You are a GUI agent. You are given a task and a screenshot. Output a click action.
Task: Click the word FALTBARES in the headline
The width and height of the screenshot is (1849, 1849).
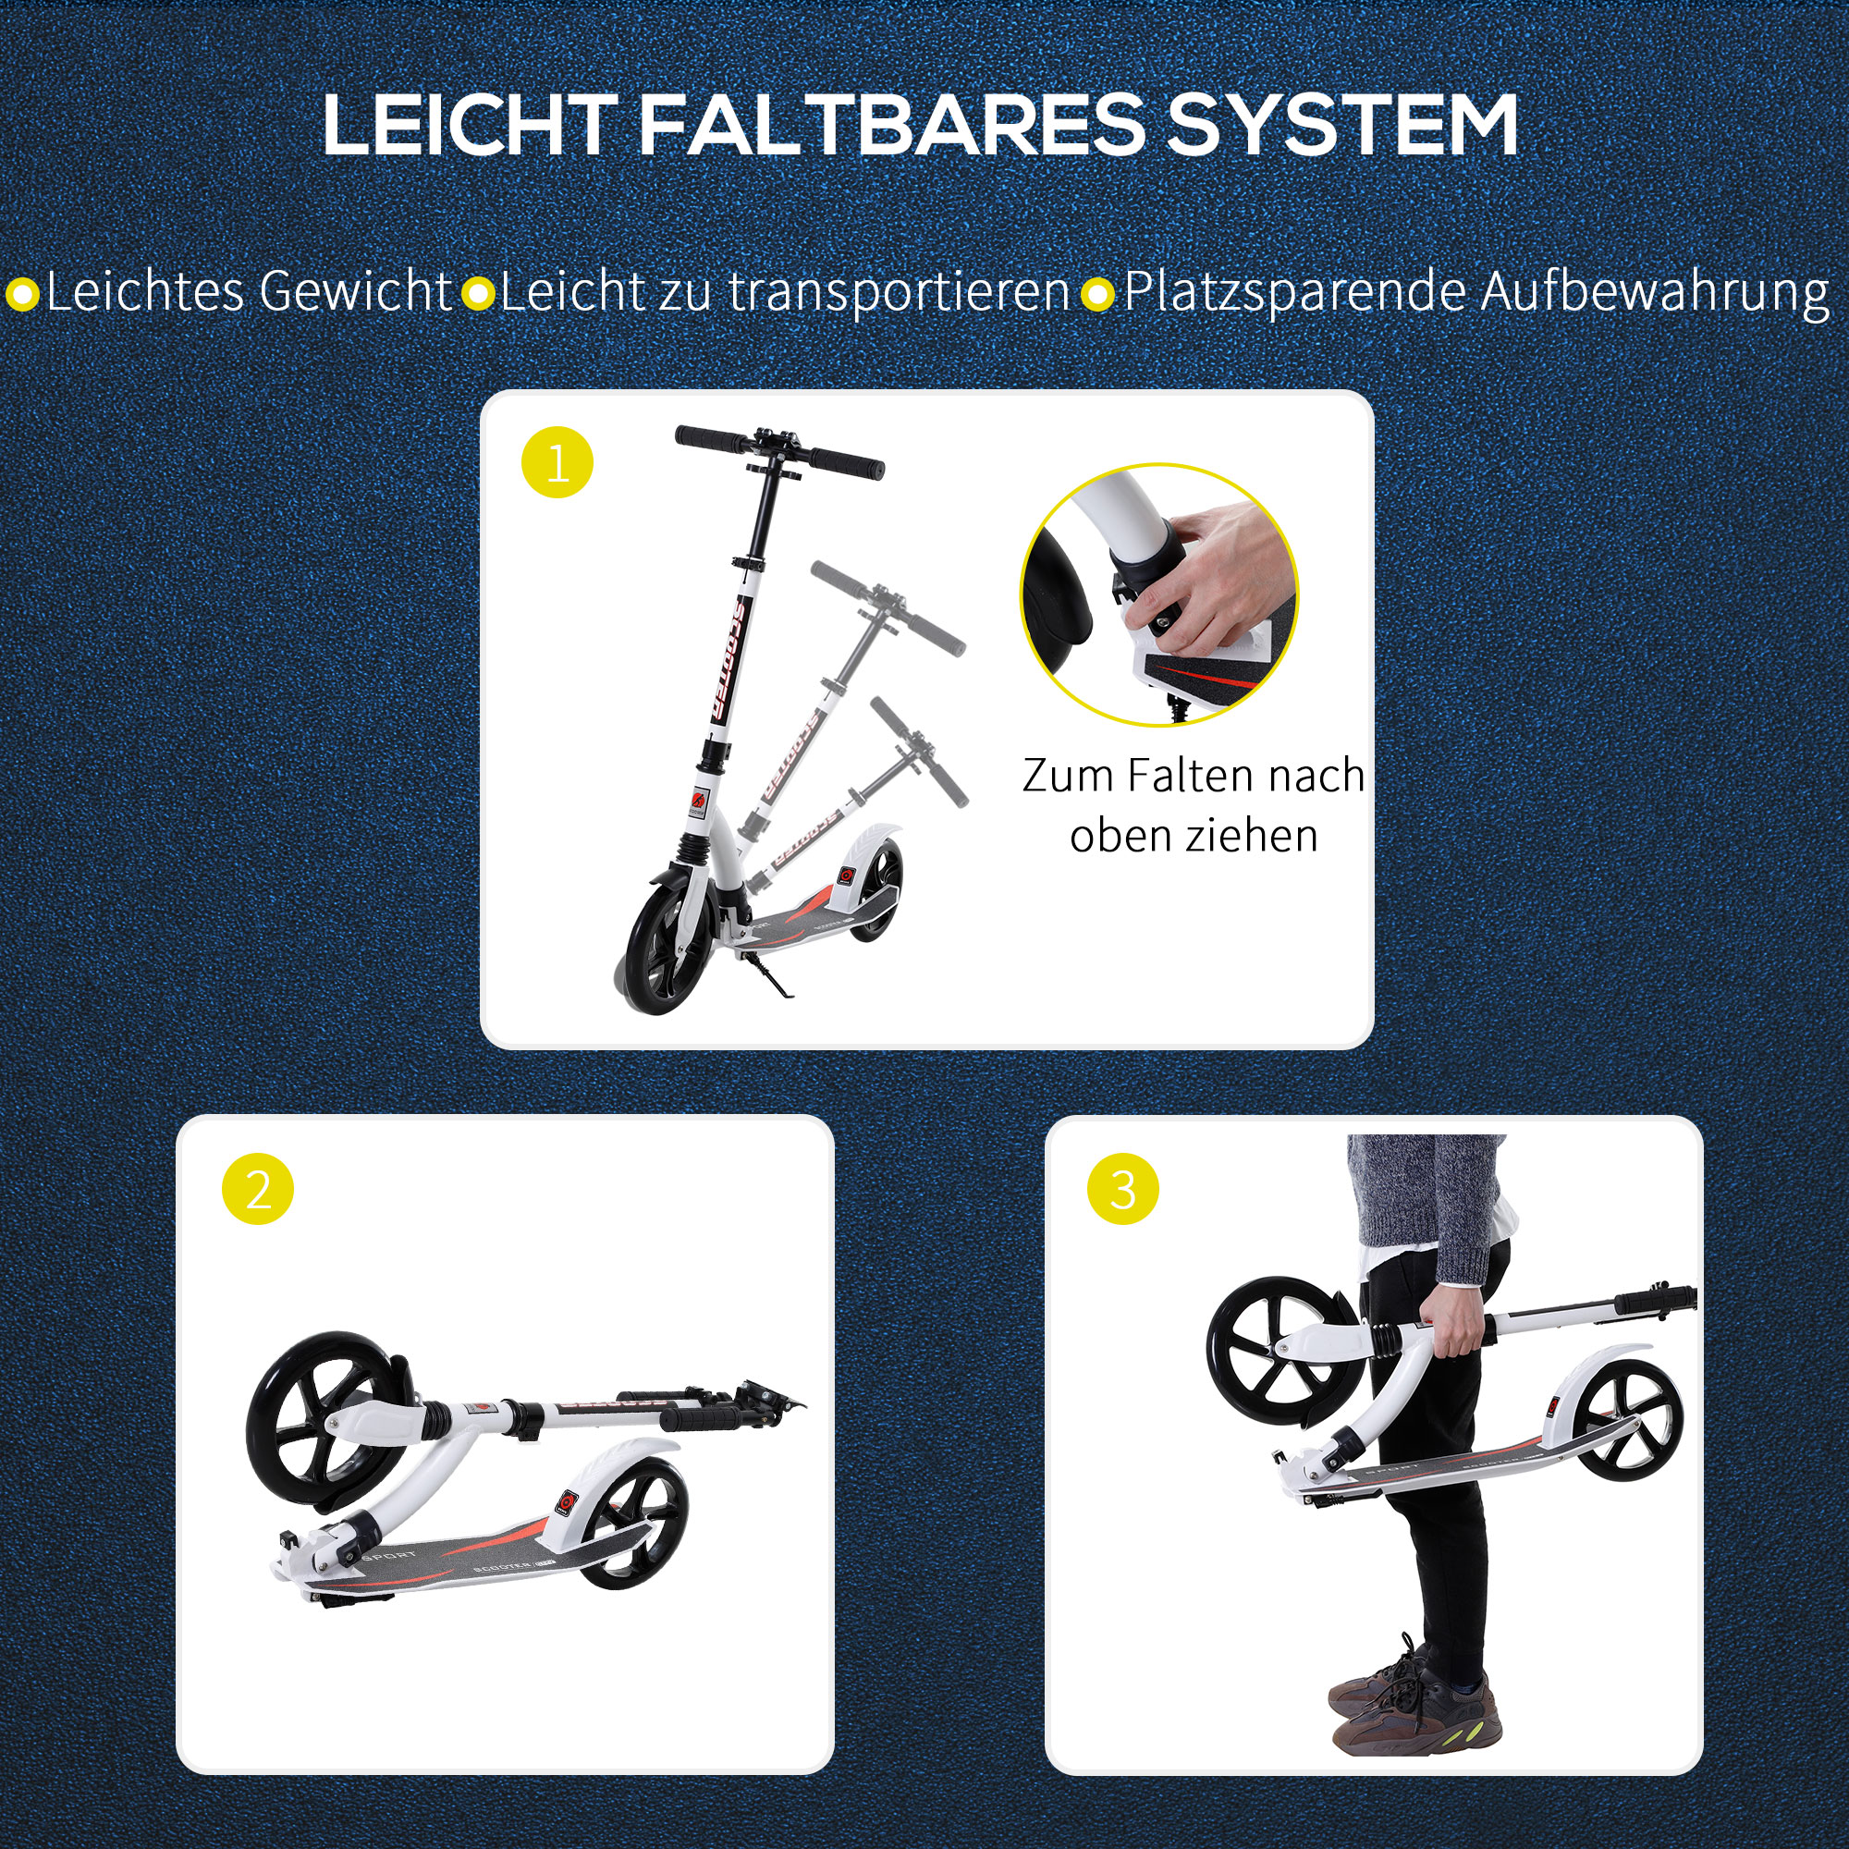[x=890, y=127]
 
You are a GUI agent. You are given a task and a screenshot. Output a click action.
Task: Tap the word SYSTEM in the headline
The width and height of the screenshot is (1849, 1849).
[x=1341, y=127]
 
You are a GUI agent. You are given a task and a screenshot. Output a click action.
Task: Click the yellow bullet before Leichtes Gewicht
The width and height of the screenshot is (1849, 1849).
[x=22, y=294]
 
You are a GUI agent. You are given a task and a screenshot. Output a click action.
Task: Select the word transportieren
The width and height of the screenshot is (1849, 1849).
[x=899, y=292]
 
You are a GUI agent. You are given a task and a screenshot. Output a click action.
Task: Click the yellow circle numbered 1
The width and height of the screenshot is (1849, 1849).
[x=557, y=464]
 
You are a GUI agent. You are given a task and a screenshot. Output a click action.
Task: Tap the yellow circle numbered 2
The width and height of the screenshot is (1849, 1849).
[x=257, y=1192]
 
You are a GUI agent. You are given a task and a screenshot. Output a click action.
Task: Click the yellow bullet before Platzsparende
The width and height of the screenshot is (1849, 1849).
[x=1098, y=294]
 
